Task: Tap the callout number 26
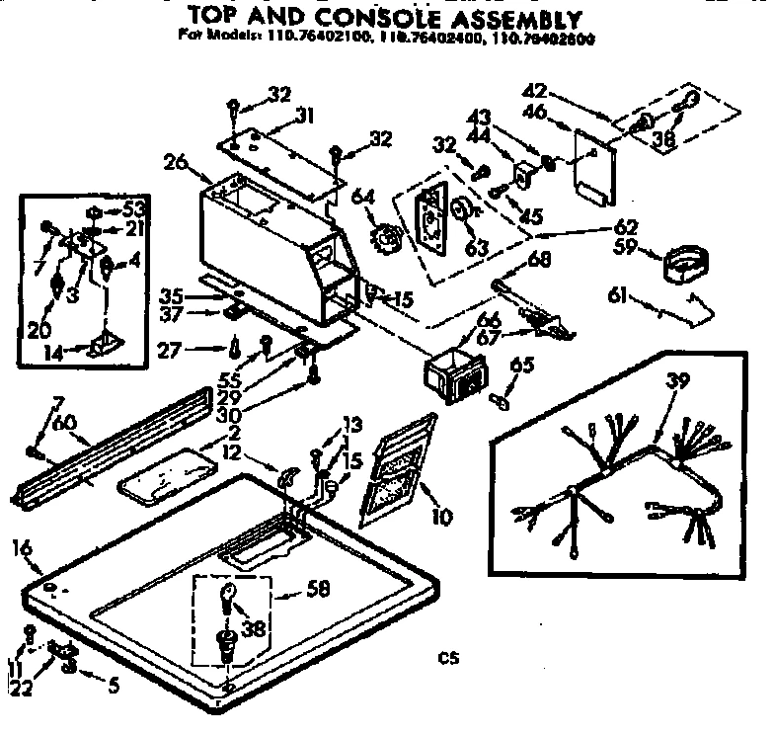pos(175,160)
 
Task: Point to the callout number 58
pos(317,590)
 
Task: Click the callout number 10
pos(440,515)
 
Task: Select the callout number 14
pos(57,350)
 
